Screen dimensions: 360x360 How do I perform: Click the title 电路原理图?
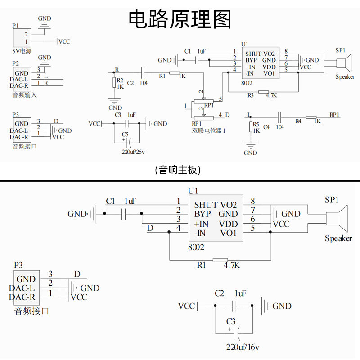[x=180, y=19]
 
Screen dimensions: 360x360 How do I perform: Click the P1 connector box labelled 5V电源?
[x=22, y=38]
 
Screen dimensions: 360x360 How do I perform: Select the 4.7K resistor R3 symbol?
[x=263, y=92]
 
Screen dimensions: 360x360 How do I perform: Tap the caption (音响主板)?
[x=178, y=170]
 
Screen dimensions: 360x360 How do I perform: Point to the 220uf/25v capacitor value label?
[x=133, y=152]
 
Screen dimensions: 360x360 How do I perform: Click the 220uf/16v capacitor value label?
[x=243, y=347]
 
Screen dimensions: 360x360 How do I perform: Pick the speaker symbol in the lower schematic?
[x=337, y=219]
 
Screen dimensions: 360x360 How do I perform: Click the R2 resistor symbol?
[x=114, y=82]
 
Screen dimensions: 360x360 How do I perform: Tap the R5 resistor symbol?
[x=251, y=127]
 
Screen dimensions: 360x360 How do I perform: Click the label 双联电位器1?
[x=208, y=130]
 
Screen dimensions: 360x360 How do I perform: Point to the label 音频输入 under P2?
[x=25, y=95]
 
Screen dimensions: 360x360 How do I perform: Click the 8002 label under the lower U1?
[x=196, y=247]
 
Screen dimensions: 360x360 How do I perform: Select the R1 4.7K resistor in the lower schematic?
[x=220, y=260]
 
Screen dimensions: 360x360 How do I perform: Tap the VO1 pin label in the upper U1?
[x=269, y=73]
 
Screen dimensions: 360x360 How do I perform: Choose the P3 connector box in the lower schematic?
[x=27, y=288]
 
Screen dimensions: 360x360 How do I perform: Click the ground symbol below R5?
[x=251, y=145]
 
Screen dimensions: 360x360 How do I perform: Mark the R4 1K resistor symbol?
[x=311, y=117]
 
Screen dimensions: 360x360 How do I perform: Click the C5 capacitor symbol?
[x=129, y=143]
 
